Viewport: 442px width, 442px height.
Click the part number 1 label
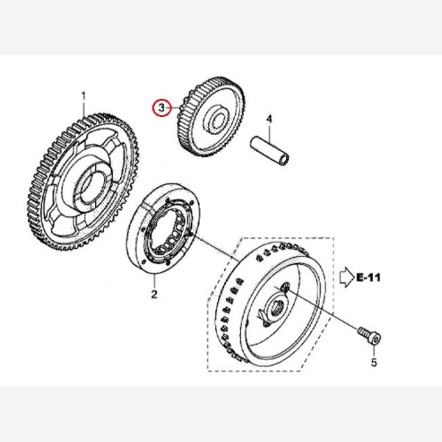[x=83, y=95]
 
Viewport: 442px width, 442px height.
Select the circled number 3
[x=160, y=108]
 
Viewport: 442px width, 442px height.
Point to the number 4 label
[x=270, y=119]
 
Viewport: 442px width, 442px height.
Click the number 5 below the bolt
[x=373, y=362]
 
